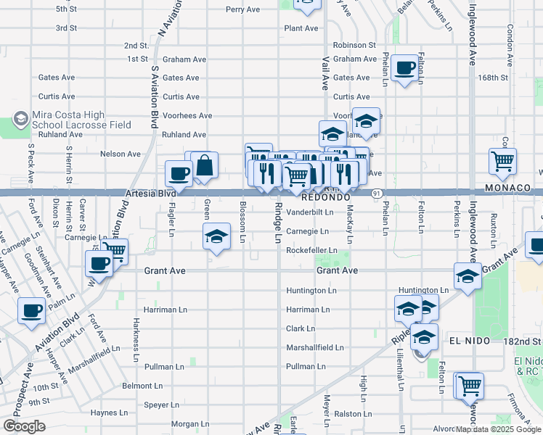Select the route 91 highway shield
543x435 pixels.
[x=377, y=194]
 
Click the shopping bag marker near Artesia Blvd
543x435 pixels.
[x=205, y=166]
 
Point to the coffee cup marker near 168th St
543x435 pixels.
[x=405, y=69]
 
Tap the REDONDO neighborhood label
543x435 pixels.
[x=326, y=196]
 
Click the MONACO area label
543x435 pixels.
[x=509, y=188]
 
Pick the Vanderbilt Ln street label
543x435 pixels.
[x=309, y=212]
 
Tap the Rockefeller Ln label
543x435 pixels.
[x=312, y=250]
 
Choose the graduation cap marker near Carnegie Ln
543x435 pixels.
[x=216, y=237]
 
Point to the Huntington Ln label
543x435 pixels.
[x=311, y=290]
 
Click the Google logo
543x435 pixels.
[x=24, y=426]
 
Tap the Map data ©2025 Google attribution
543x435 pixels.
[x=497, y=429]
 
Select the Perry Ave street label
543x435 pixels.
[x=242, y=9]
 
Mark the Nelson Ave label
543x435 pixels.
[x=120, y=154]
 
